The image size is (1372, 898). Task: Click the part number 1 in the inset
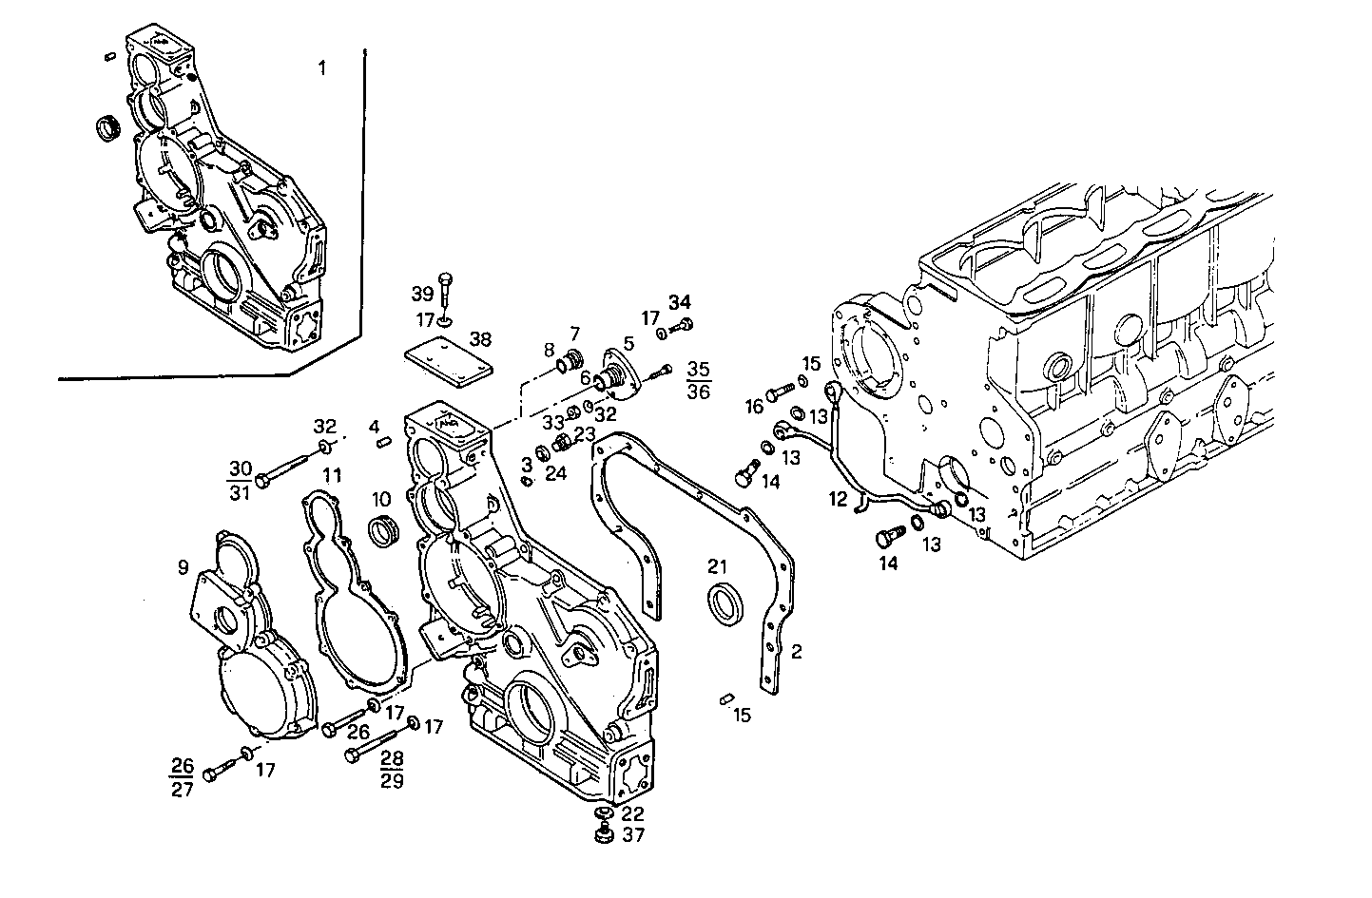(321, 67)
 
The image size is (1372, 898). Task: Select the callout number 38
(481, 338)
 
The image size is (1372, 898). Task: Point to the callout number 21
(717, 566)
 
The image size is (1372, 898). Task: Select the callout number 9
(183, 568)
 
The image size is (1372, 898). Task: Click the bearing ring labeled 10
(383, 529)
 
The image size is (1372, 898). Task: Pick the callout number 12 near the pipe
(837, 498)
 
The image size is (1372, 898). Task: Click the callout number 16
(754, 407)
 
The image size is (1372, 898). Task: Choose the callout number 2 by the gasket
(797, 652)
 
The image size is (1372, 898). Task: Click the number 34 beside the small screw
(679, 302)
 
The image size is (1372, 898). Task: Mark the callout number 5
(628, 342)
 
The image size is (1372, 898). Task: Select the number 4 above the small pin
(375, 424)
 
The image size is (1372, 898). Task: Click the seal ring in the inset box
(110, 127)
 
